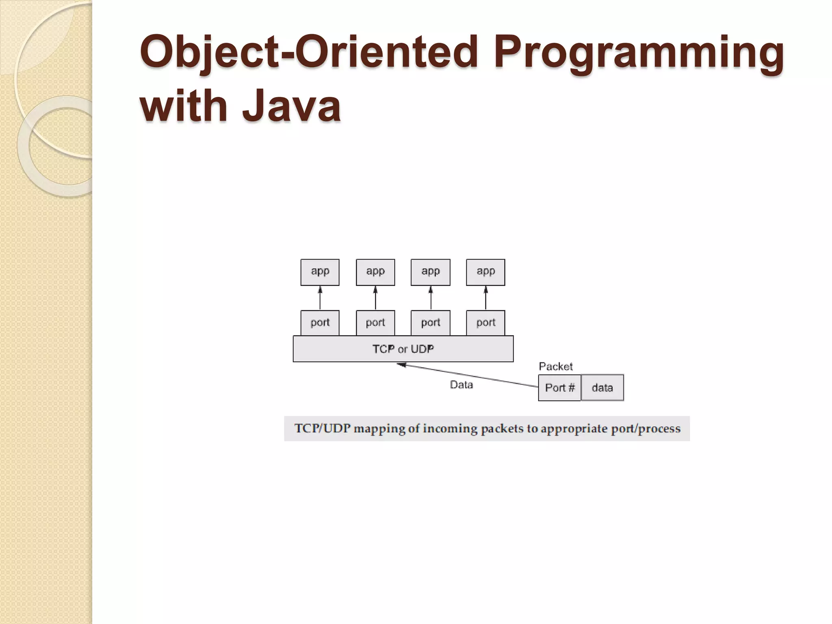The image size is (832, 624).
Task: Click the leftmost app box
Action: coord(320,272)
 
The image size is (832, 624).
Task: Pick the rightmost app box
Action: coord(485,272)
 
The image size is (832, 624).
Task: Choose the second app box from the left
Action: coord(375,272)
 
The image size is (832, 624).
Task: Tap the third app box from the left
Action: coord(431,272)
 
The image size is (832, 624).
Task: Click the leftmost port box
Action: coord(320,323)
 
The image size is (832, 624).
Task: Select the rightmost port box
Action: coord(485,323)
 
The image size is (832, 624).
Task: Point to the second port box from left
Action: coord(375,323)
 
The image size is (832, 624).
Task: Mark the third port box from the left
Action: coord(431,323)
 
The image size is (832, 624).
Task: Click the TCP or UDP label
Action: coord(403,349)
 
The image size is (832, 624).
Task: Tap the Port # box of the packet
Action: coord(560,388)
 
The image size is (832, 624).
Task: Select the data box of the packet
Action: coord(602,388)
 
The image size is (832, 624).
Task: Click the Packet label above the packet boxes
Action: coord(556,366)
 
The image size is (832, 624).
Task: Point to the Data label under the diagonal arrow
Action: coord(461,385)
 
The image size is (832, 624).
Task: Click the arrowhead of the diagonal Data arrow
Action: coord(401,365)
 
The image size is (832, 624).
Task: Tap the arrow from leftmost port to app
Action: coord(320,298)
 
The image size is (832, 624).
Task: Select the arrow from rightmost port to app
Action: coord(485,298)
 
